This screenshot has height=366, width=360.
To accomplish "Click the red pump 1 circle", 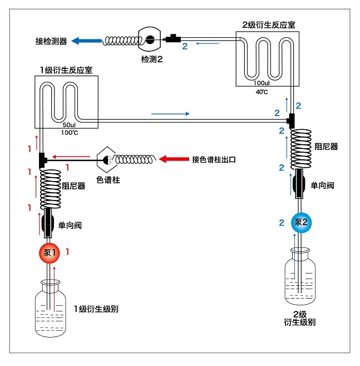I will coord(50,253).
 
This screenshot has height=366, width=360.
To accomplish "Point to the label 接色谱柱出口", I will coord(214,159).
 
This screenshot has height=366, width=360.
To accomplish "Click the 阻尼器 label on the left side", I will coord(73,186).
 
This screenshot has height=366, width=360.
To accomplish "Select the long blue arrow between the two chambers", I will coord(173,114).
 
